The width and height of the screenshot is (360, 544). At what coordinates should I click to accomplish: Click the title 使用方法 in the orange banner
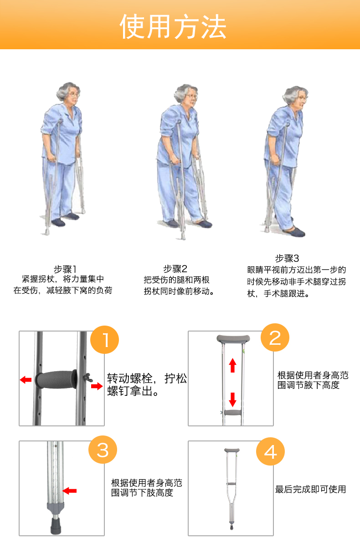pyautogui.click(x=173, y=27)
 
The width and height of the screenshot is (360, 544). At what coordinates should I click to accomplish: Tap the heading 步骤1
pyautogui.click(x=65, y=269)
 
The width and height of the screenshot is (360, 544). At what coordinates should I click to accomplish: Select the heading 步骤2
pyautogui.click(x=175, y=269)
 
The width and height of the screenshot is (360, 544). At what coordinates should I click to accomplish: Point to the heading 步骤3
pyautogui.click(x=287, y=258)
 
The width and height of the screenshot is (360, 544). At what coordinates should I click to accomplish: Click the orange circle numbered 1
pyautogui.click(x=104, y=340)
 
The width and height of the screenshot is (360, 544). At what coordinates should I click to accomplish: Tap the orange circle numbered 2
pyautogui.click(x=275, y=337)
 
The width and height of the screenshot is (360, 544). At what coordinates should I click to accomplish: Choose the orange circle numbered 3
pyautogui.click(x=103, y=450)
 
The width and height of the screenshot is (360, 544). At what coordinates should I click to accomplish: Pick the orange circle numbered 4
pyautogui.click(x=271, y=451)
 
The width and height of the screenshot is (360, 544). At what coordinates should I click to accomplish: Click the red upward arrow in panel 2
pyautogui.click(x=233, y=365)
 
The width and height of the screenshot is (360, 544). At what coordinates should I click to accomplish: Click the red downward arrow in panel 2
pyautogui.click(x=233, y=399)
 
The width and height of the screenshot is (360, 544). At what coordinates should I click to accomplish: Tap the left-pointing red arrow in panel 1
pyautogui.click(x=26, y=379)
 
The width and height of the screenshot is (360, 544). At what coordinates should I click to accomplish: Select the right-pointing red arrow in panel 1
pyautogui.click(x=97, y=386)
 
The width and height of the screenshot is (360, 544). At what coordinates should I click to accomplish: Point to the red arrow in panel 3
pyautogui.click(x=70, y=491)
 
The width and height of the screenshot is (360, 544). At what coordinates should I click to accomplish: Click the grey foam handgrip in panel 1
pyautogui.click(x=56, y=379)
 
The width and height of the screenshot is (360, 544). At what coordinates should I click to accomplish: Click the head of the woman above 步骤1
pyautogui.click(x=69, y=93)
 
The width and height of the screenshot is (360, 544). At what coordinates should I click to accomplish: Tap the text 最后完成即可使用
pyautogui.click(x=311, y=489)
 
